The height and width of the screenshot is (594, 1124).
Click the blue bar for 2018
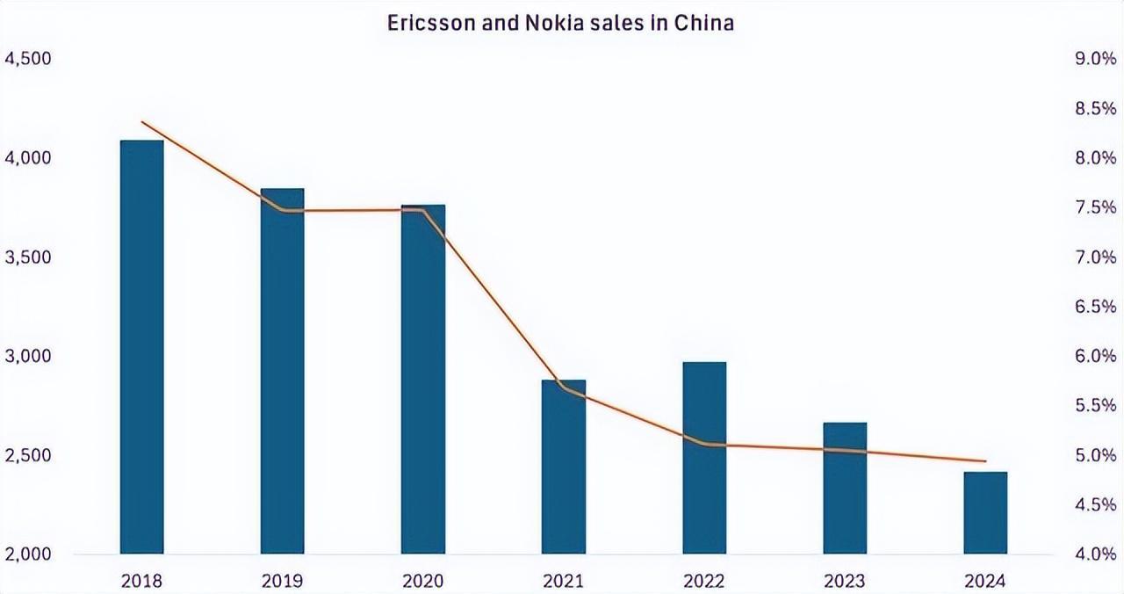tap(141, 347)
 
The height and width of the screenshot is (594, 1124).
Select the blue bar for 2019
tap(282, 371)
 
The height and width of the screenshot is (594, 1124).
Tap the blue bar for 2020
tap(423, 379)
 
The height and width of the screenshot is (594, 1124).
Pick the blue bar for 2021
tap(564, 467)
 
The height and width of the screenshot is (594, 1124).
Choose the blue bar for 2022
tap(704, 458)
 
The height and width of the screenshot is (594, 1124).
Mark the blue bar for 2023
tap(845, 488)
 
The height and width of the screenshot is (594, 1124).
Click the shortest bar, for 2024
tap(985, 512)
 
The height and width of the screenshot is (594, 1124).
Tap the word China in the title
tap(703, 23)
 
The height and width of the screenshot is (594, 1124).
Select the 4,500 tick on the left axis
tap(28, 59)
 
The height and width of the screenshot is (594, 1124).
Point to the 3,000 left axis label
tap(28, 357)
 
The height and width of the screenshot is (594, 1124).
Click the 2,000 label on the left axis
tap(28, 555)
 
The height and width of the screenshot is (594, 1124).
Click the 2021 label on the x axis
tap(564, 581)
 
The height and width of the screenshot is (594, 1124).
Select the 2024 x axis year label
tap(985, 581)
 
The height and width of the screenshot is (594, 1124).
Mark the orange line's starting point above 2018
tap(142, 122)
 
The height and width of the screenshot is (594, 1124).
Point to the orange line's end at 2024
tap(985, 461)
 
